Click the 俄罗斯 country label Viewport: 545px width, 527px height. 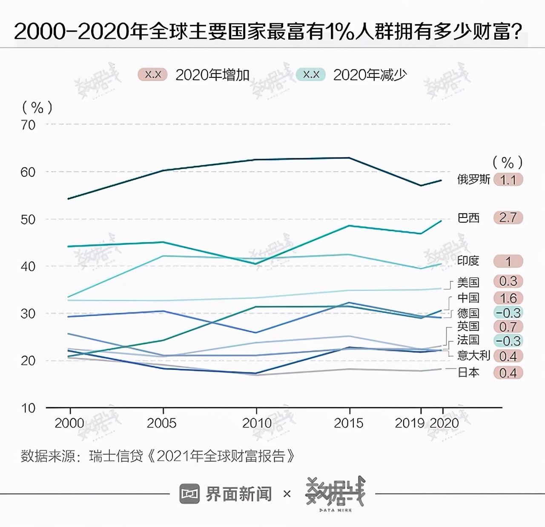(473, 179)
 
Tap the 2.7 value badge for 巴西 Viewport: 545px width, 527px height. (508, 218)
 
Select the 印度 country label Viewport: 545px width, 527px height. (468, 261)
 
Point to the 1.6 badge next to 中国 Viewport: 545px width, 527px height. (508, 298)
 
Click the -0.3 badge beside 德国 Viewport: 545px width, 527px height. (508, 313)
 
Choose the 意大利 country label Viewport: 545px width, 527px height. (473, 355)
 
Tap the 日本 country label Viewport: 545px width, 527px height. (468, 372)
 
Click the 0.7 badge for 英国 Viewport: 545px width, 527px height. (508, 327)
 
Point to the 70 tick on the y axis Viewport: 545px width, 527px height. (28, 125)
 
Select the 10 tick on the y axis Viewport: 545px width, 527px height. (28, 408)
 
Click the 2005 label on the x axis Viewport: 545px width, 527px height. (162, 423)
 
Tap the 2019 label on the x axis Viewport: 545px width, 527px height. (410, 423)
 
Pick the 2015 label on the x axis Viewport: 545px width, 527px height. (349, 423)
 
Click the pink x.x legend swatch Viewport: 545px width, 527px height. (152, 75)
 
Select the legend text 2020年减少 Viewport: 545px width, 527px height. (370, 75)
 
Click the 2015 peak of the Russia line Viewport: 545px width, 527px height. (349, 158)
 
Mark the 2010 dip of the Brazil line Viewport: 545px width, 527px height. (256, 264)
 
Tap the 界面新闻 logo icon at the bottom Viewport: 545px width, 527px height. (189, 493)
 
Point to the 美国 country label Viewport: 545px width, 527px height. (468, 282)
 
